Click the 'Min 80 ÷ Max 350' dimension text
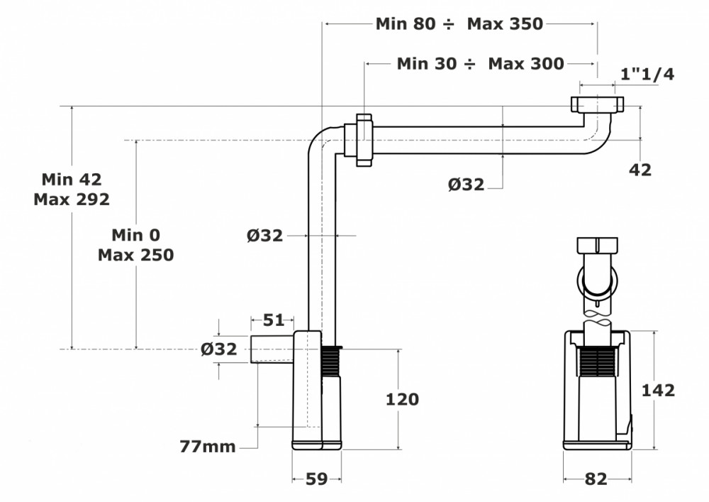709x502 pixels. click(459, 23)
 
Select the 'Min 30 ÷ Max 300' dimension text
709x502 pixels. click(480, 63)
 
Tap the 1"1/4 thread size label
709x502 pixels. click(647, 74)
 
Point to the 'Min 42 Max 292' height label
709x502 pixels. click(72, 189)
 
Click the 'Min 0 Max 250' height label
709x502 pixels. click(135, 245)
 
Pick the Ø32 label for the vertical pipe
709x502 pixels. click(265, 236)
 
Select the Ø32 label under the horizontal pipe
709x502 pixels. click(467, 184)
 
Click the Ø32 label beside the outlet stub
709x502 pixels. click(219, 349)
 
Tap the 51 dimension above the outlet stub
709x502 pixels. click(274, 320)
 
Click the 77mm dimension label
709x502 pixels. click(208, 447)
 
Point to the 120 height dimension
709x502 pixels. click(402, 399)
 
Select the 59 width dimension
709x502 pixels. click(316, 479)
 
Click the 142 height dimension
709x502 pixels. click(658, 391)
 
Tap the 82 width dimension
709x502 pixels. click(596, 479)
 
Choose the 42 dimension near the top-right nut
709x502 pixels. click(640, 170)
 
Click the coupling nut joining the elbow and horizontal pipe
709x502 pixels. click(364, 140)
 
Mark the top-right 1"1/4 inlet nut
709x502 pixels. click(597, 104)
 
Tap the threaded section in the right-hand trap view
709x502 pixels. click(597, 361)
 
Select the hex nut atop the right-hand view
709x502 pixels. click(597, 246)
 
